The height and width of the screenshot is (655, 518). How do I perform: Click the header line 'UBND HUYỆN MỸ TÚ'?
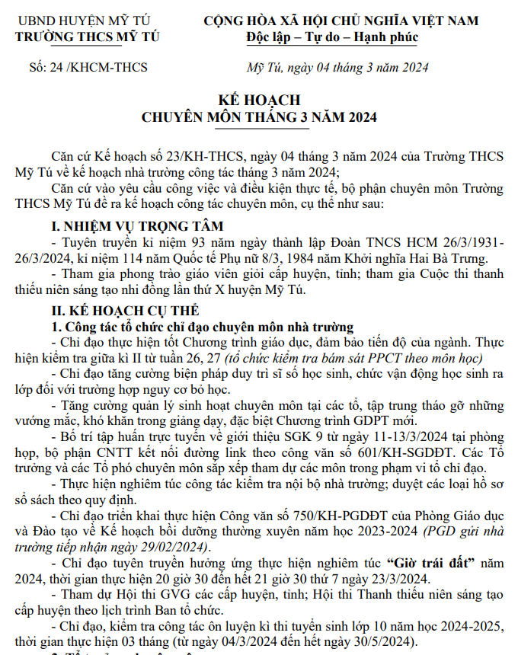click(x=84, y=21)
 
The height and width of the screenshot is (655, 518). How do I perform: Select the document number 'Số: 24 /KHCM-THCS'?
click(x=88, y=68)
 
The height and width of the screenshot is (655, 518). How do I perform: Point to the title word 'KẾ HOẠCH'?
click(x=260, y=100)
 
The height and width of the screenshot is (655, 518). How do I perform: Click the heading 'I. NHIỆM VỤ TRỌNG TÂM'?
click(x=137, y=225)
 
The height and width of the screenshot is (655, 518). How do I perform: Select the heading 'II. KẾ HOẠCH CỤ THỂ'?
click(x=124, y=310)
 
